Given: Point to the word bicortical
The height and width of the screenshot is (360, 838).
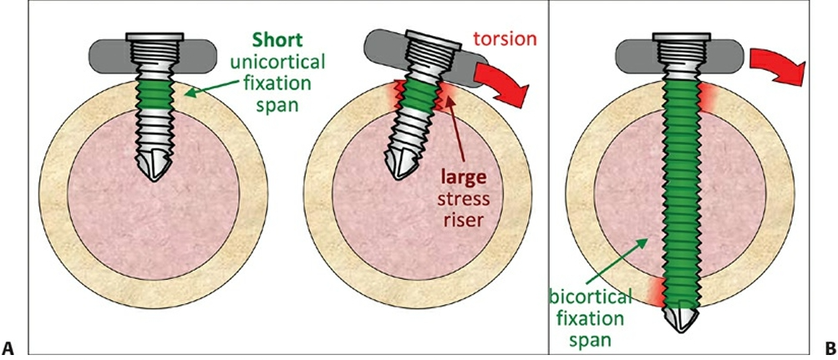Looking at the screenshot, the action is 589,296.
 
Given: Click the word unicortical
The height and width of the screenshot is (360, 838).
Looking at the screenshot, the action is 277,62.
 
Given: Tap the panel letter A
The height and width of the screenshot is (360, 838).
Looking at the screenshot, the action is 8,348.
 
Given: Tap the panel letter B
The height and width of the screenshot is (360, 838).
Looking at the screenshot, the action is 830,348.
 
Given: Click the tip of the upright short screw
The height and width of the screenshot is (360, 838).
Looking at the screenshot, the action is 155,180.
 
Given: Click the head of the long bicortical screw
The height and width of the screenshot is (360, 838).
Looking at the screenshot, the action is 682,36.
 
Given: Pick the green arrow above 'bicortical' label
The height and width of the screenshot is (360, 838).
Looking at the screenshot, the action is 615,260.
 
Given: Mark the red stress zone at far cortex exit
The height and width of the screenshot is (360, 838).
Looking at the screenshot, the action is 657,292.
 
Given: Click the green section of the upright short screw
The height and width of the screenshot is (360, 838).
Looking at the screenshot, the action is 154,94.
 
